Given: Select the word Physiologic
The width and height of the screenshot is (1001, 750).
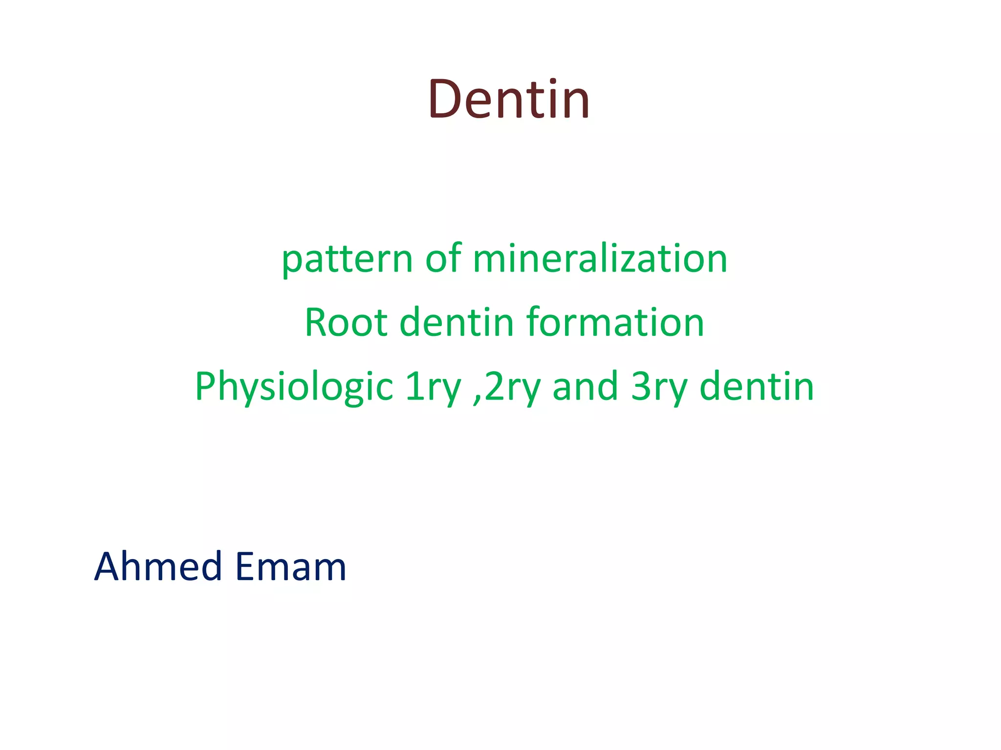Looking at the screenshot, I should (x=294, y=387).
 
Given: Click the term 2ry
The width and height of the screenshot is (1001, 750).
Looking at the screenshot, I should (x=513, y=387).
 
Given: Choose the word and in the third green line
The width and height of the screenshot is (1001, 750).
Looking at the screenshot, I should (x=585, y=386).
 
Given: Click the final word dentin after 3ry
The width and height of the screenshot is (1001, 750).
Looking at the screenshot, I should (x=757, y=386).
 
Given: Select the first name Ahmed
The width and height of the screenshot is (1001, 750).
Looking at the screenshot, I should (x=158, y=566).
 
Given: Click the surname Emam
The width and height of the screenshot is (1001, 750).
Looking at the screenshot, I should (x=290, y=566).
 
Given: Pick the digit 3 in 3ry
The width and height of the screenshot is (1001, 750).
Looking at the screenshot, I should (x=640, y=386).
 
